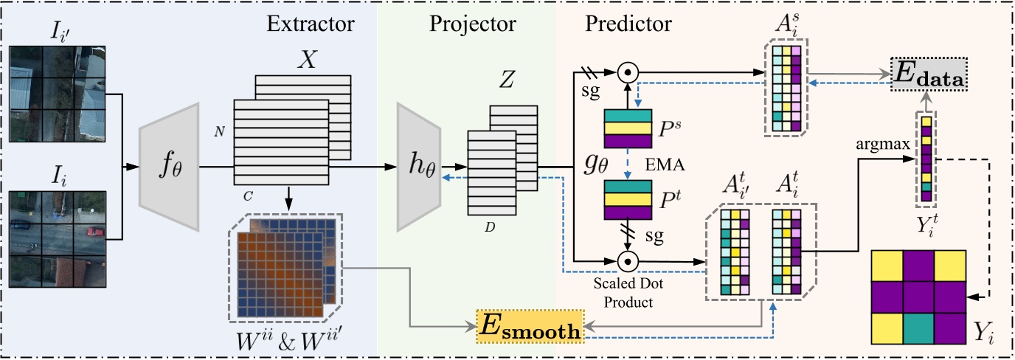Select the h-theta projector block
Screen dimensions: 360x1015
(x=419, y=167)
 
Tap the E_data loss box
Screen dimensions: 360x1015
(x=929, y=74)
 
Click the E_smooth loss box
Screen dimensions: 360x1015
(x=530, y=327)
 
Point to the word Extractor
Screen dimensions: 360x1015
(x=311, y=24)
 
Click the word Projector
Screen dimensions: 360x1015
(x=472, y=24)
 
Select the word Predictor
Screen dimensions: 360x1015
(x=628, y=24)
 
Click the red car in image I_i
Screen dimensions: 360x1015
(x=94, y=232)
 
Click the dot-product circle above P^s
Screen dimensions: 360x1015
(x=628, y=72)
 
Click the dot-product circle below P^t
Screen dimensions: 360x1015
(x=628, y=261)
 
